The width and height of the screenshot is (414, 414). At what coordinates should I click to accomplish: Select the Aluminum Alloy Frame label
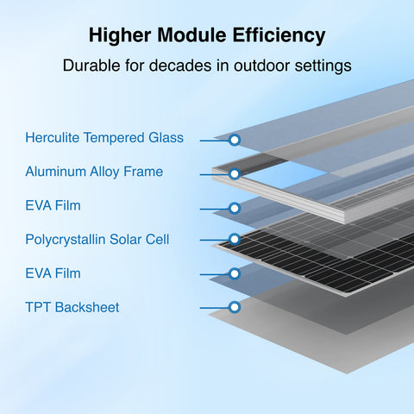click(94, 172)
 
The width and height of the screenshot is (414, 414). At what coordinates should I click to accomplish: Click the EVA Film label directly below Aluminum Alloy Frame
click(53, 206)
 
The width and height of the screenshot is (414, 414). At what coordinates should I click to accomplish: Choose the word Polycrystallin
click(66, 239)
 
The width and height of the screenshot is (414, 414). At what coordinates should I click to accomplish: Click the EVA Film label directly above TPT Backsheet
click(53, 273)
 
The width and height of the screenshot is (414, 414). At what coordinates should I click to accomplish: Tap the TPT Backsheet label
click(72, 306)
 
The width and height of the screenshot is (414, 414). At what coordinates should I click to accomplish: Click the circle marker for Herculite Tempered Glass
click(234, 139)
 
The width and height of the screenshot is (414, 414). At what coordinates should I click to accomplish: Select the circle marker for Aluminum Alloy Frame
click(234, 173)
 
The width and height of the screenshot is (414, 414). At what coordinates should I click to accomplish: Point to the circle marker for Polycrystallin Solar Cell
click(234, 240)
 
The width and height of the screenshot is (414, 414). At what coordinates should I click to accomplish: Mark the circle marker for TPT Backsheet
click(234, 306)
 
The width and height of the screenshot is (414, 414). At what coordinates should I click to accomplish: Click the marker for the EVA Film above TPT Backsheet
click(234, 273)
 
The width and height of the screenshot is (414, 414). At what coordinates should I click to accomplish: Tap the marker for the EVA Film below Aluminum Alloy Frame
click(234, 208)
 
